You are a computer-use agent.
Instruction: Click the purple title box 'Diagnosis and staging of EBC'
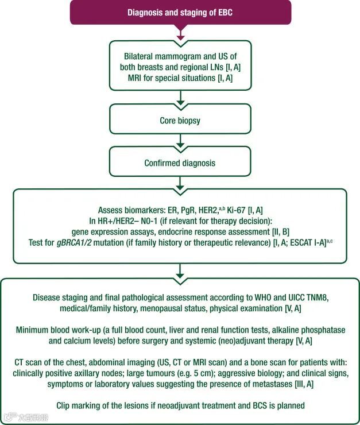180,12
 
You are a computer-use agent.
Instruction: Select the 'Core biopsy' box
180,121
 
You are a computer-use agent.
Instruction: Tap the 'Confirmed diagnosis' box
180,163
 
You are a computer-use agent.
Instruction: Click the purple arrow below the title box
180,34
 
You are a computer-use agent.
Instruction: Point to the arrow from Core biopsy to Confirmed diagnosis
180,141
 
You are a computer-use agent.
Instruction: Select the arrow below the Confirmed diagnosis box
180,183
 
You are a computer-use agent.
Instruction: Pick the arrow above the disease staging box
180,269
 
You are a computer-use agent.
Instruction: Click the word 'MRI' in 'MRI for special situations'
136,78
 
